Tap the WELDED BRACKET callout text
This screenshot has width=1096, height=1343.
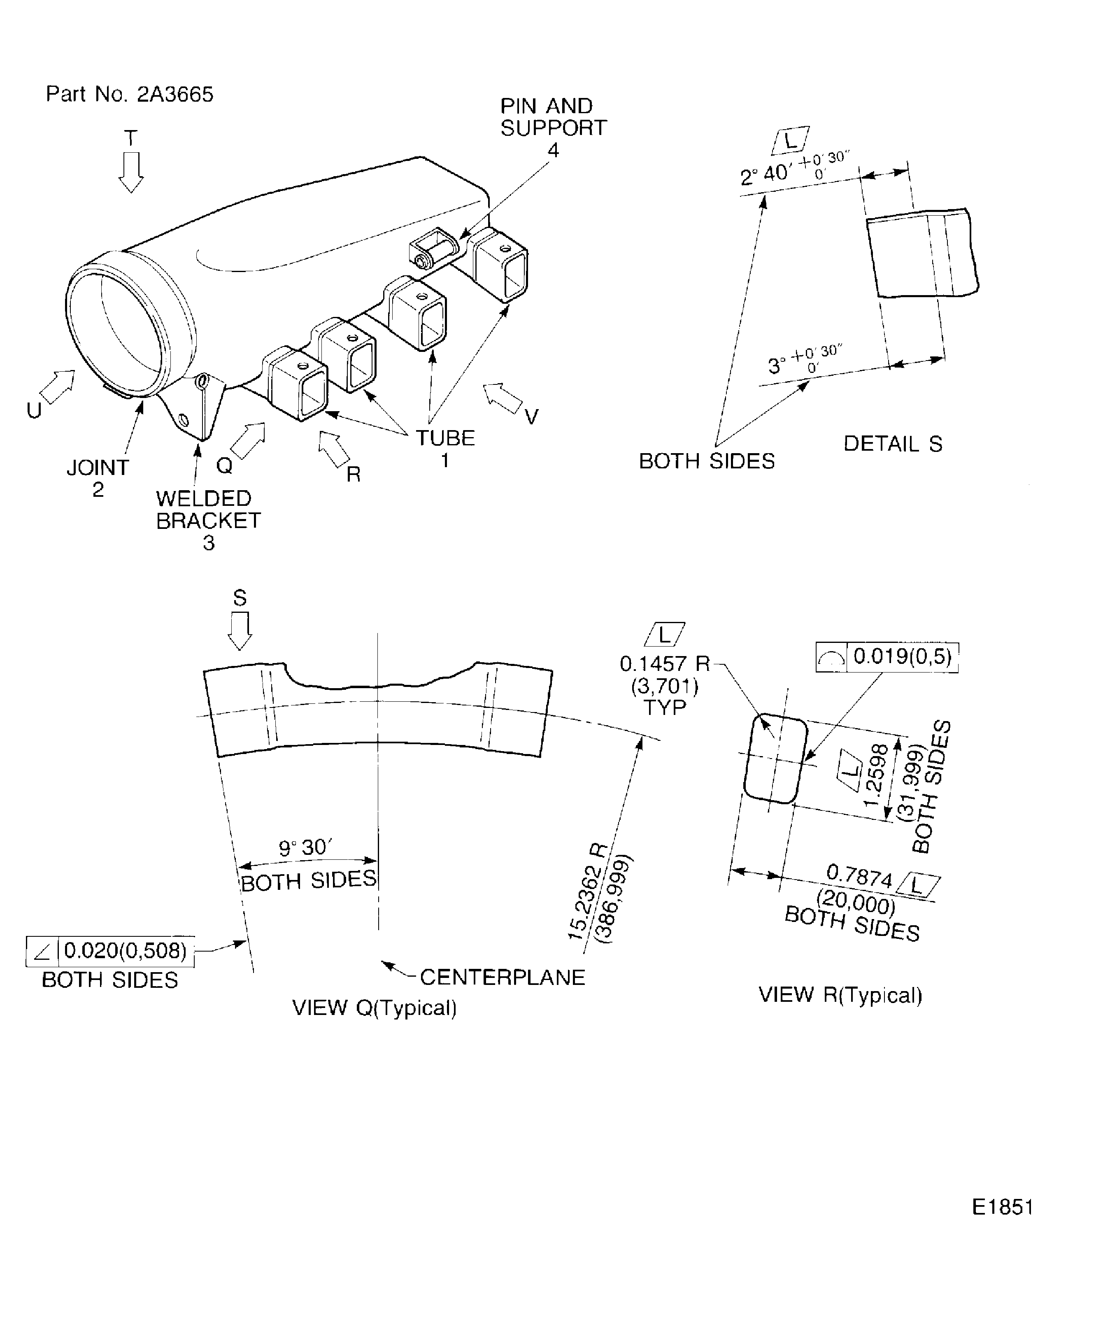click(208, 510)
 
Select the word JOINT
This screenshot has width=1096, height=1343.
click(98, 468)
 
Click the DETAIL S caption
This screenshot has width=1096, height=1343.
click(892, 444)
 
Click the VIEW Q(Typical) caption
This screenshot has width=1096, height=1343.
click(375, 1007)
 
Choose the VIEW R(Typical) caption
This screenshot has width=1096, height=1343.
click(840, 995)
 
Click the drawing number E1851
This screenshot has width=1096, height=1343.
click(1002, 1207)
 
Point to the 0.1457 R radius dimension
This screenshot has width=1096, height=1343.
click(664, 663)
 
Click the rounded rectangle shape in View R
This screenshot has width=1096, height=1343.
click(776, 759)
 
